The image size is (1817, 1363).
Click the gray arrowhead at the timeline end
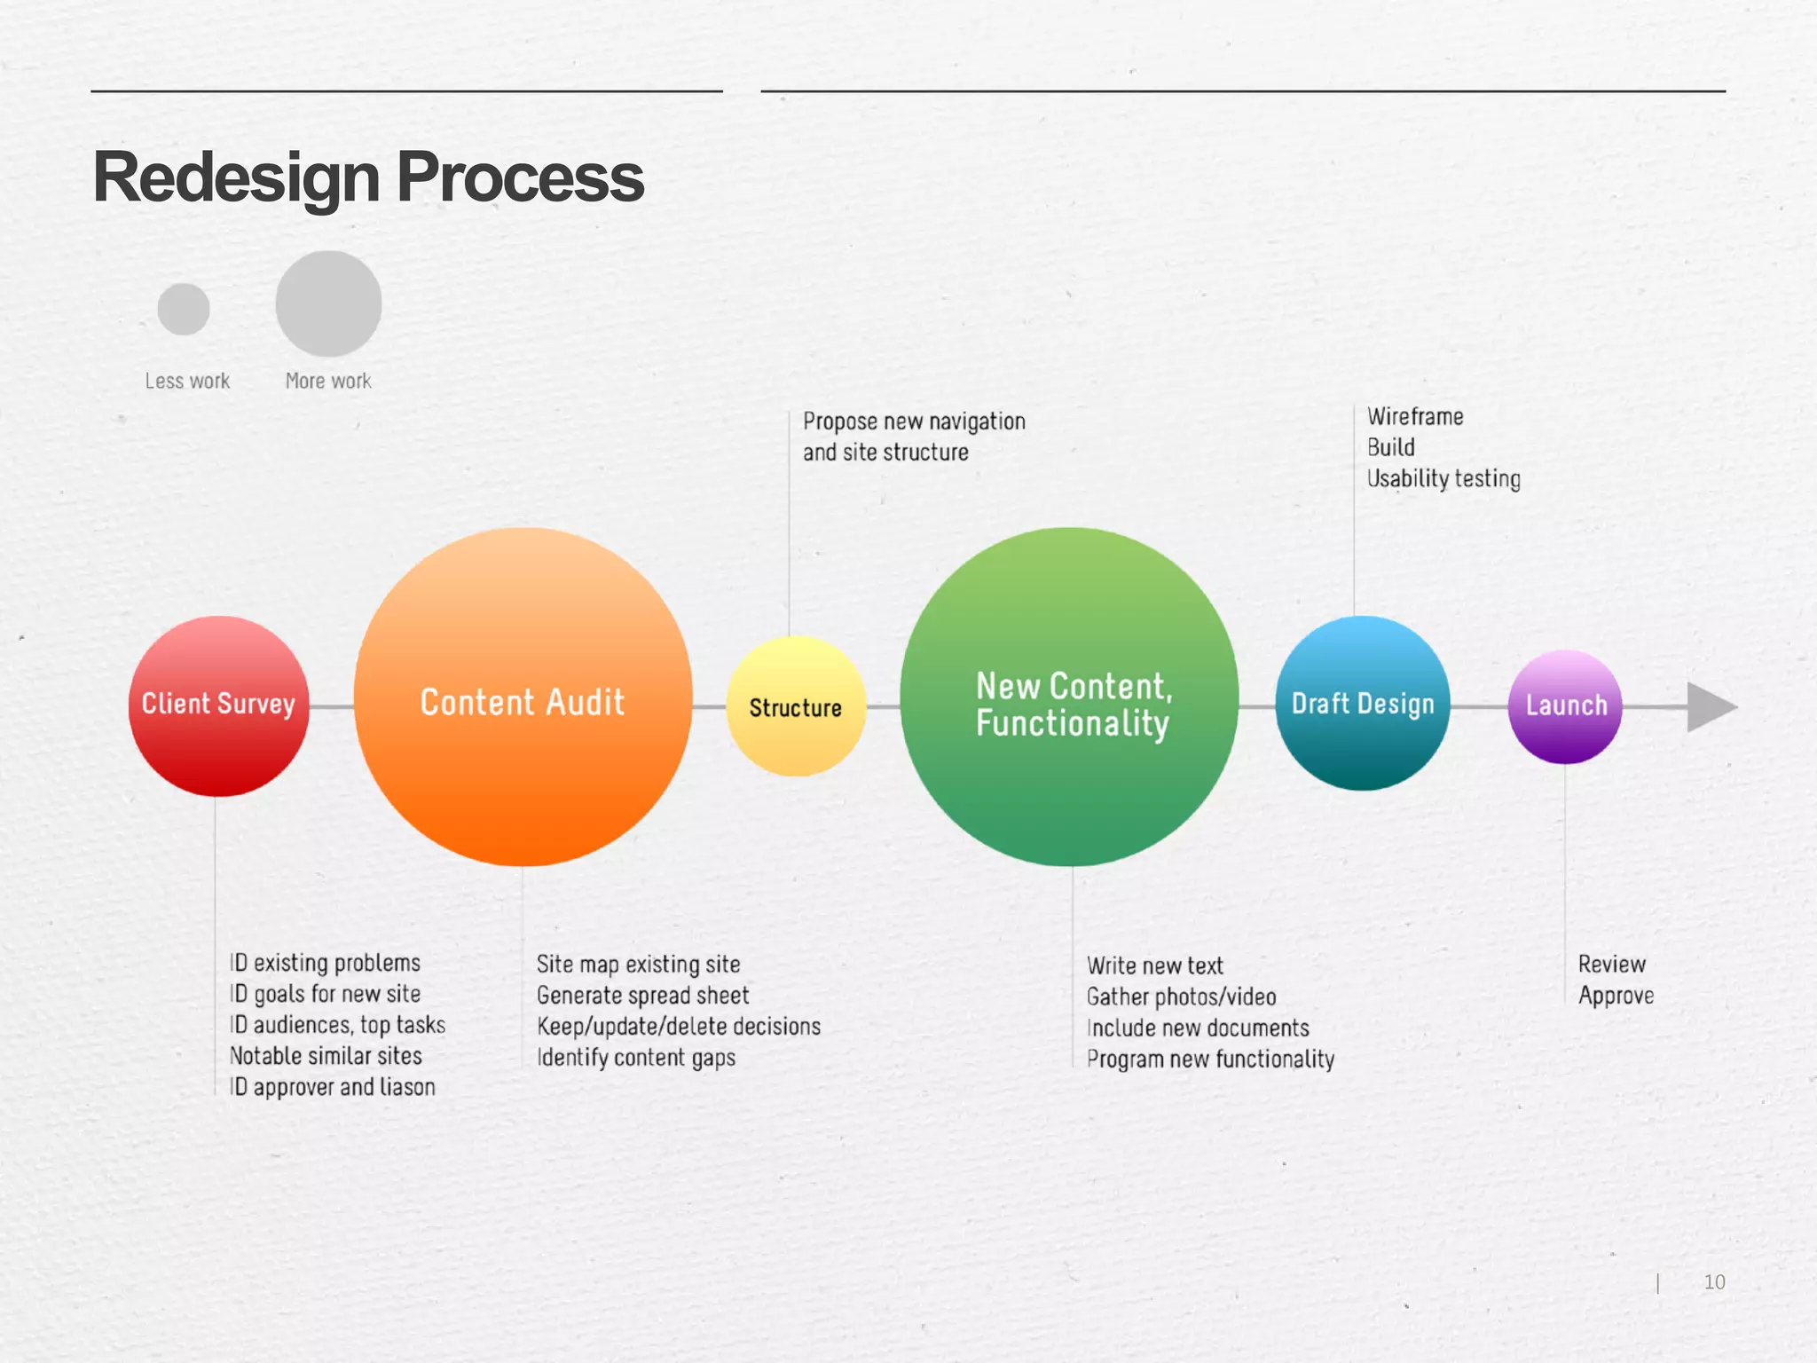[1709, 707]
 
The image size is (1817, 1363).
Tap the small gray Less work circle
[184, 309]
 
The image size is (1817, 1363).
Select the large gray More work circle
[328, 303]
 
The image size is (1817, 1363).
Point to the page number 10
[1714, 1282]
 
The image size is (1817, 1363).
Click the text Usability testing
[1443, 479]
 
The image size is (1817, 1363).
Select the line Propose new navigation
[914, 422]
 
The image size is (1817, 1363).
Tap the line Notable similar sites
[326, 1056]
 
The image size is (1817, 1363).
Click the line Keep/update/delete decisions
[679, 1027]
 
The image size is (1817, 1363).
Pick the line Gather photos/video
[1181, 997]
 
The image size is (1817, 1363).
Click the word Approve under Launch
[1616, 996]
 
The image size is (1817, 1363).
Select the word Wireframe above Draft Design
[1415, 416]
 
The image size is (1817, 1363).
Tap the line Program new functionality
[1210, 1060]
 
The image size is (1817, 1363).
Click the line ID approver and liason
[333, 1087]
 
